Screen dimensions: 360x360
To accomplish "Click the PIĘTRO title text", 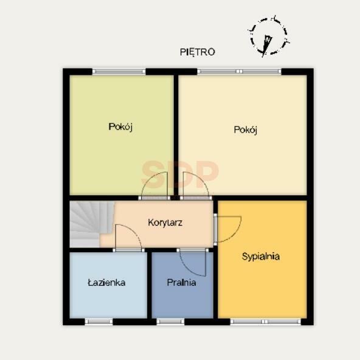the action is (198, 52).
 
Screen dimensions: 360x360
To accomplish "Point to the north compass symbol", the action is (268, 36).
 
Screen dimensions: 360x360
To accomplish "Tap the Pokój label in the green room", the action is (120, 126).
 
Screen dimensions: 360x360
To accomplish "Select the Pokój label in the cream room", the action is (246, 130).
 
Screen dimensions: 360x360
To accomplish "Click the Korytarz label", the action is (165, 223).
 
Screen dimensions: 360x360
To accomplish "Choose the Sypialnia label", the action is (261, 256).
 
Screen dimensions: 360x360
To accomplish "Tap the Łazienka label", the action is (106, 283).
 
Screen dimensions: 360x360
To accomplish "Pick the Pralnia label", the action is (181, 283).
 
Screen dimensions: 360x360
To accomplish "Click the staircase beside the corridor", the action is (92, 224).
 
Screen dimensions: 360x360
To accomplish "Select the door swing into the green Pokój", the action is (154, 185).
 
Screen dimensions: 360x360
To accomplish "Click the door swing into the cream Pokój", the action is (196, 185).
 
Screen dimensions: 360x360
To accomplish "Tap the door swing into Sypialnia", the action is (229, 229).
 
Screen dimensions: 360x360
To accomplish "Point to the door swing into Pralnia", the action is (192, 264).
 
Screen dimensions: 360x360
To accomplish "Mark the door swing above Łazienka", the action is (128, 237).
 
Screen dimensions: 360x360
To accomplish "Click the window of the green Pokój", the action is (119, 72).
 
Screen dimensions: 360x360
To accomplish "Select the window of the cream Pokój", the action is (239, 72).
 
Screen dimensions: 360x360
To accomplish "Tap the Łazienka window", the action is (99, 322).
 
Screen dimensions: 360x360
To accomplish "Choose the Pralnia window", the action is (171, 322).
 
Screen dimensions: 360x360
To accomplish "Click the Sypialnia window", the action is (265, 322).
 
